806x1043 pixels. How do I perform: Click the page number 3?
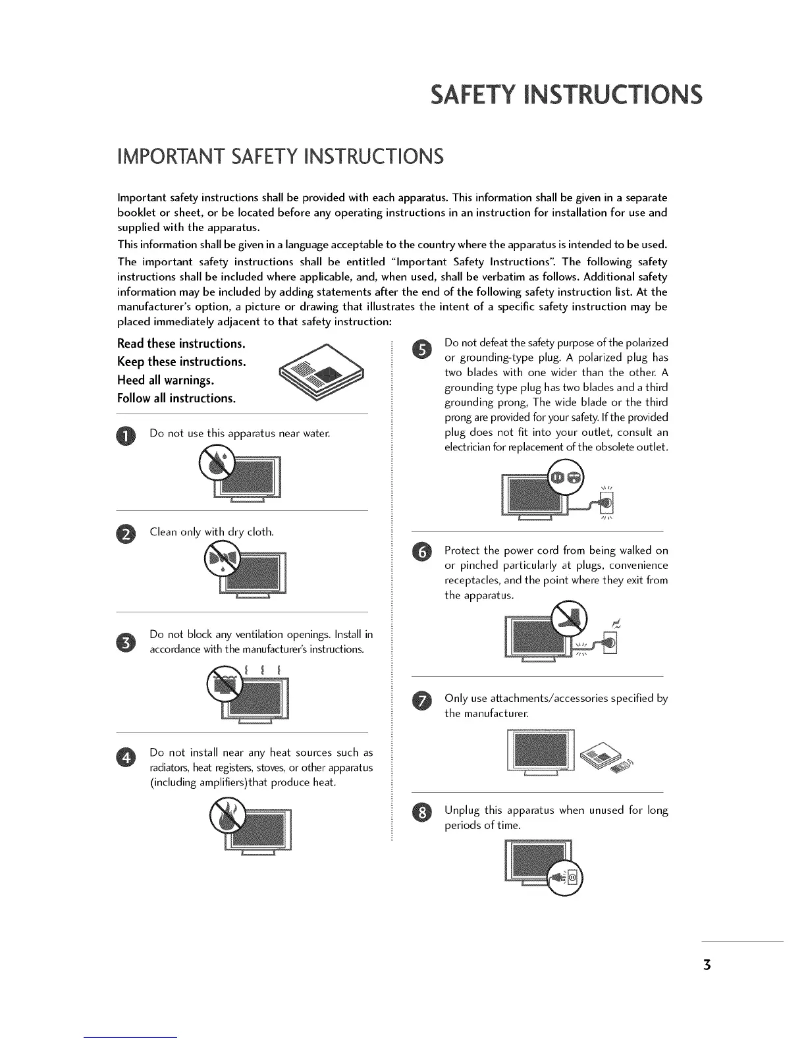click(707, 965)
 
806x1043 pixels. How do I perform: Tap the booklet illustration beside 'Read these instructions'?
click(321, 378)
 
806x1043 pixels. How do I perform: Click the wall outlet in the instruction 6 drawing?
click(609, 643)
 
